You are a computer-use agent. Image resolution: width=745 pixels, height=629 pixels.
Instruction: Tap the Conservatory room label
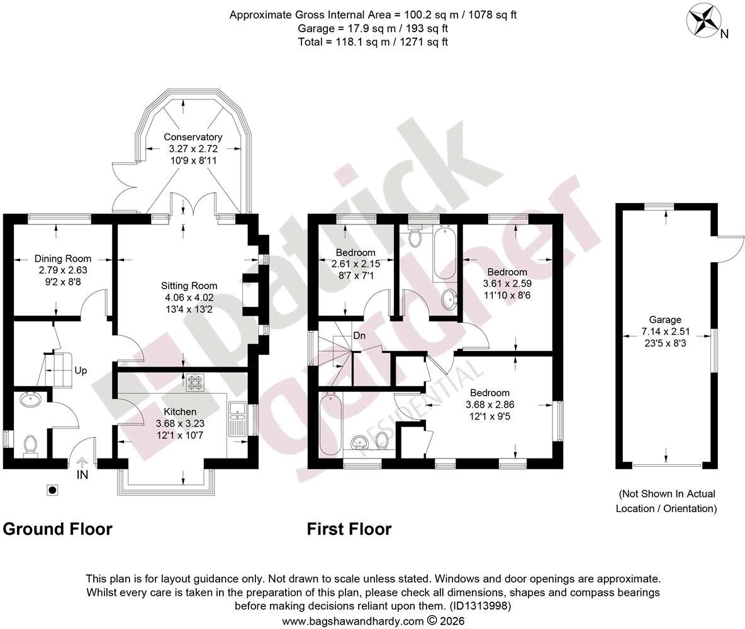click(193, 137)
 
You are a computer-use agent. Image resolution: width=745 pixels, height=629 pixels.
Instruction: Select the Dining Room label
click(63, 259)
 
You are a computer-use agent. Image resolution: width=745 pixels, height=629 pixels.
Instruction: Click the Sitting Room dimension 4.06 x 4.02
click(189, 298)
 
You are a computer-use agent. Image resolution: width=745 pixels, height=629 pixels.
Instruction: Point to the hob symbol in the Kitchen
click(195, 384)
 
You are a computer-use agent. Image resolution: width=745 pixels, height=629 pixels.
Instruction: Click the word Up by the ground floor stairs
click(81, 370)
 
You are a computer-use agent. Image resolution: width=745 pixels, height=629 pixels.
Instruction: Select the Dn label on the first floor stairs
click(359, 336)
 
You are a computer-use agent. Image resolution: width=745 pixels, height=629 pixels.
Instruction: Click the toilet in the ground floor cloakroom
click(30, 445)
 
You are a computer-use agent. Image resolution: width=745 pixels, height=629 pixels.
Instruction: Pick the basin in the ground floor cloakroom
click(31, 400)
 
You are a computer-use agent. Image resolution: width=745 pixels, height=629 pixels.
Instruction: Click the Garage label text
click(665, 320)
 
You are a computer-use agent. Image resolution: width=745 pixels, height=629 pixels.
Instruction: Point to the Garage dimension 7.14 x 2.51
click(665, 331)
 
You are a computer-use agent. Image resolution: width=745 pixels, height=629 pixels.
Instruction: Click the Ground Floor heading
click(57, 529)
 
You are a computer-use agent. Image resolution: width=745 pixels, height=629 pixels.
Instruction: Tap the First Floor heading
click(349, 529)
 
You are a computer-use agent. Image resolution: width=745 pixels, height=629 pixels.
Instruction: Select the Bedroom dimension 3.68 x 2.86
click(490, 405)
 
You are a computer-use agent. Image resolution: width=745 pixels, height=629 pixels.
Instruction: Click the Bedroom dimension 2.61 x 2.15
click(356, 264)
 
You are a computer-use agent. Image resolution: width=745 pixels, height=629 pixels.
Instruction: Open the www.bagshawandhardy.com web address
click(352, 621)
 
